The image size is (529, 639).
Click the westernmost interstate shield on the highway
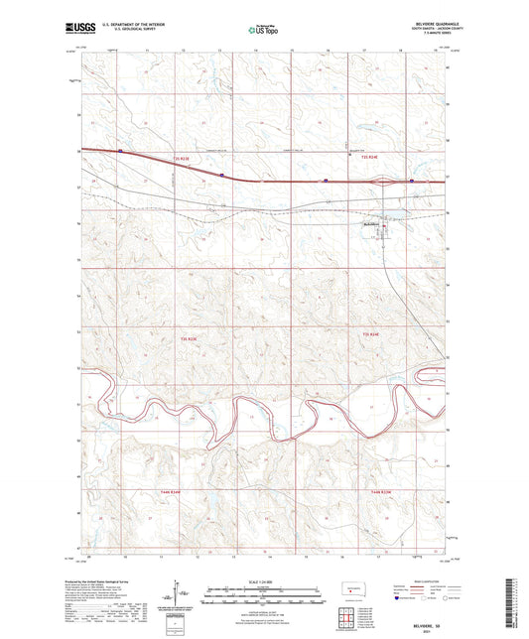click(119, 152)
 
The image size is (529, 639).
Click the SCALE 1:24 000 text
click(264, 580)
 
